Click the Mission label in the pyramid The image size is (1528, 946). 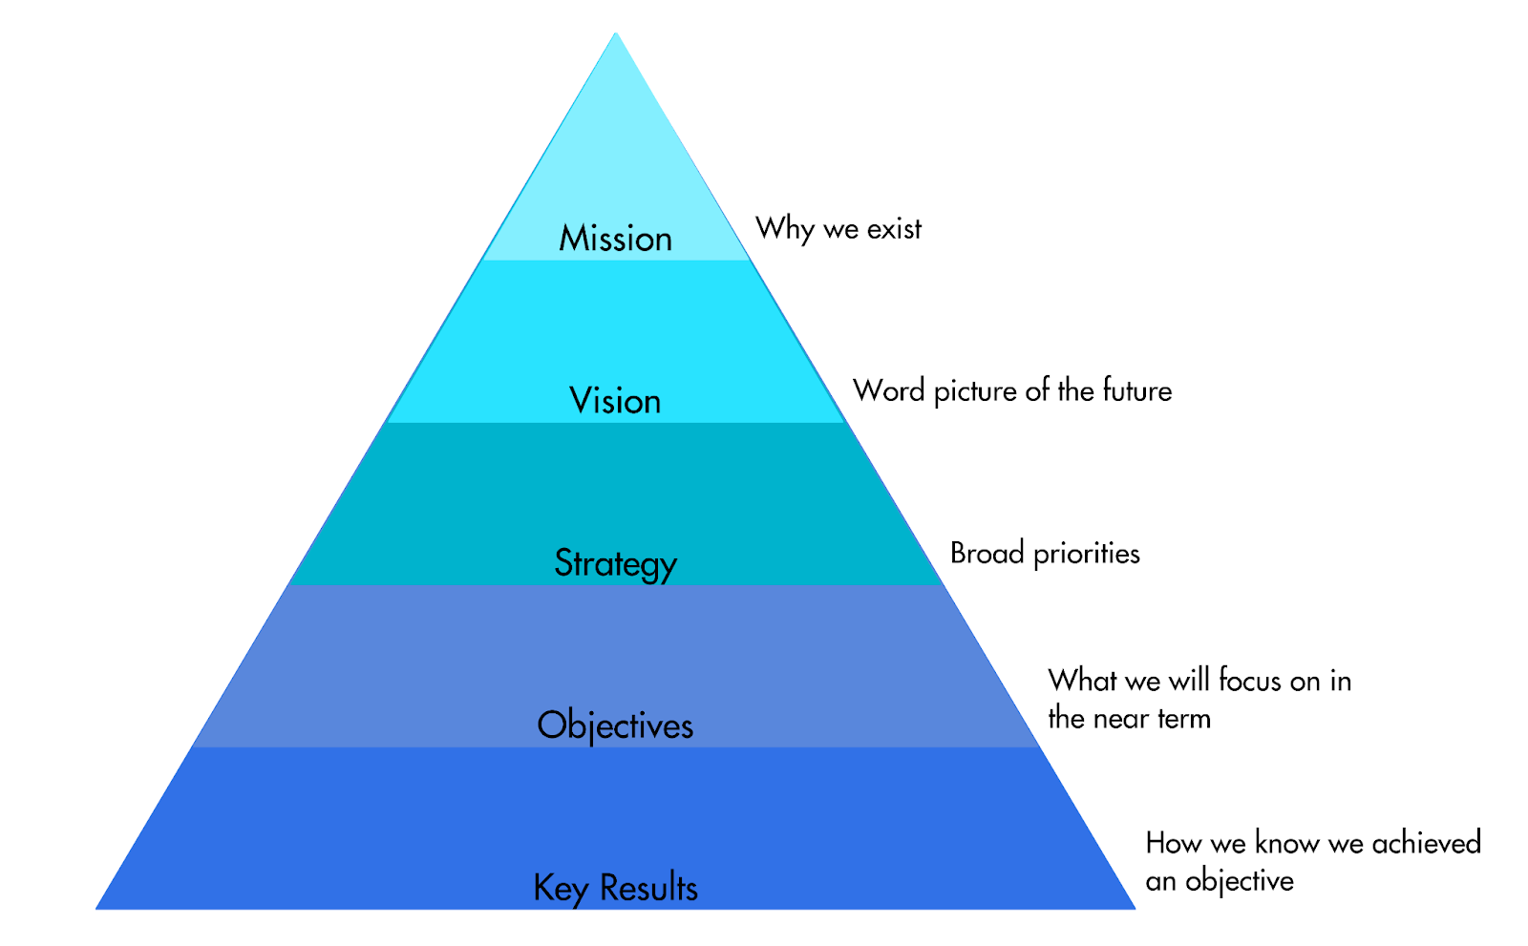click(x=615, y=239)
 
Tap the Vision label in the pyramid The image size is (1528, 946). click(x=615, y=400)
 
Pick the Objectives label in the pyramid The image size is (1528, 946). click(x=615, y=725)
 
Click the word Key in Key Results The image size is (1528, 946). click(x=560, y=889)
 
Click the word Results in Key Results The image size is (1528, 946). click(x=648, y=888)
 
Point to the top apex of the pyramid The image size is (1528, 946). click(x=615, y=32)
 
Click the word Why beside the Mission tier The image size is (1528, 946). click(x=785, y=230)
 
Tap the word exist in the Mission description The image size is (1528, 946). click(x=894, y=229)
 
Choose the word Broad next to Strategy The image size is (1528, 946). click(x=987, y=553)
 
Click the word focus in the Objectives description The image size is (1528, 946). click(x=1250, y=681)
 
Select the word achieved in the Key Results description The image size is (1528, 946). click(x=1427, y=843)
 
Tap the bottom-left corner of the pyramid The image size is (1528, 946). click(x=95, y=909)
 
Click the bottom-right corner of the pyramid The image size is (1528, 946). click(x=1135, y=909)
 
